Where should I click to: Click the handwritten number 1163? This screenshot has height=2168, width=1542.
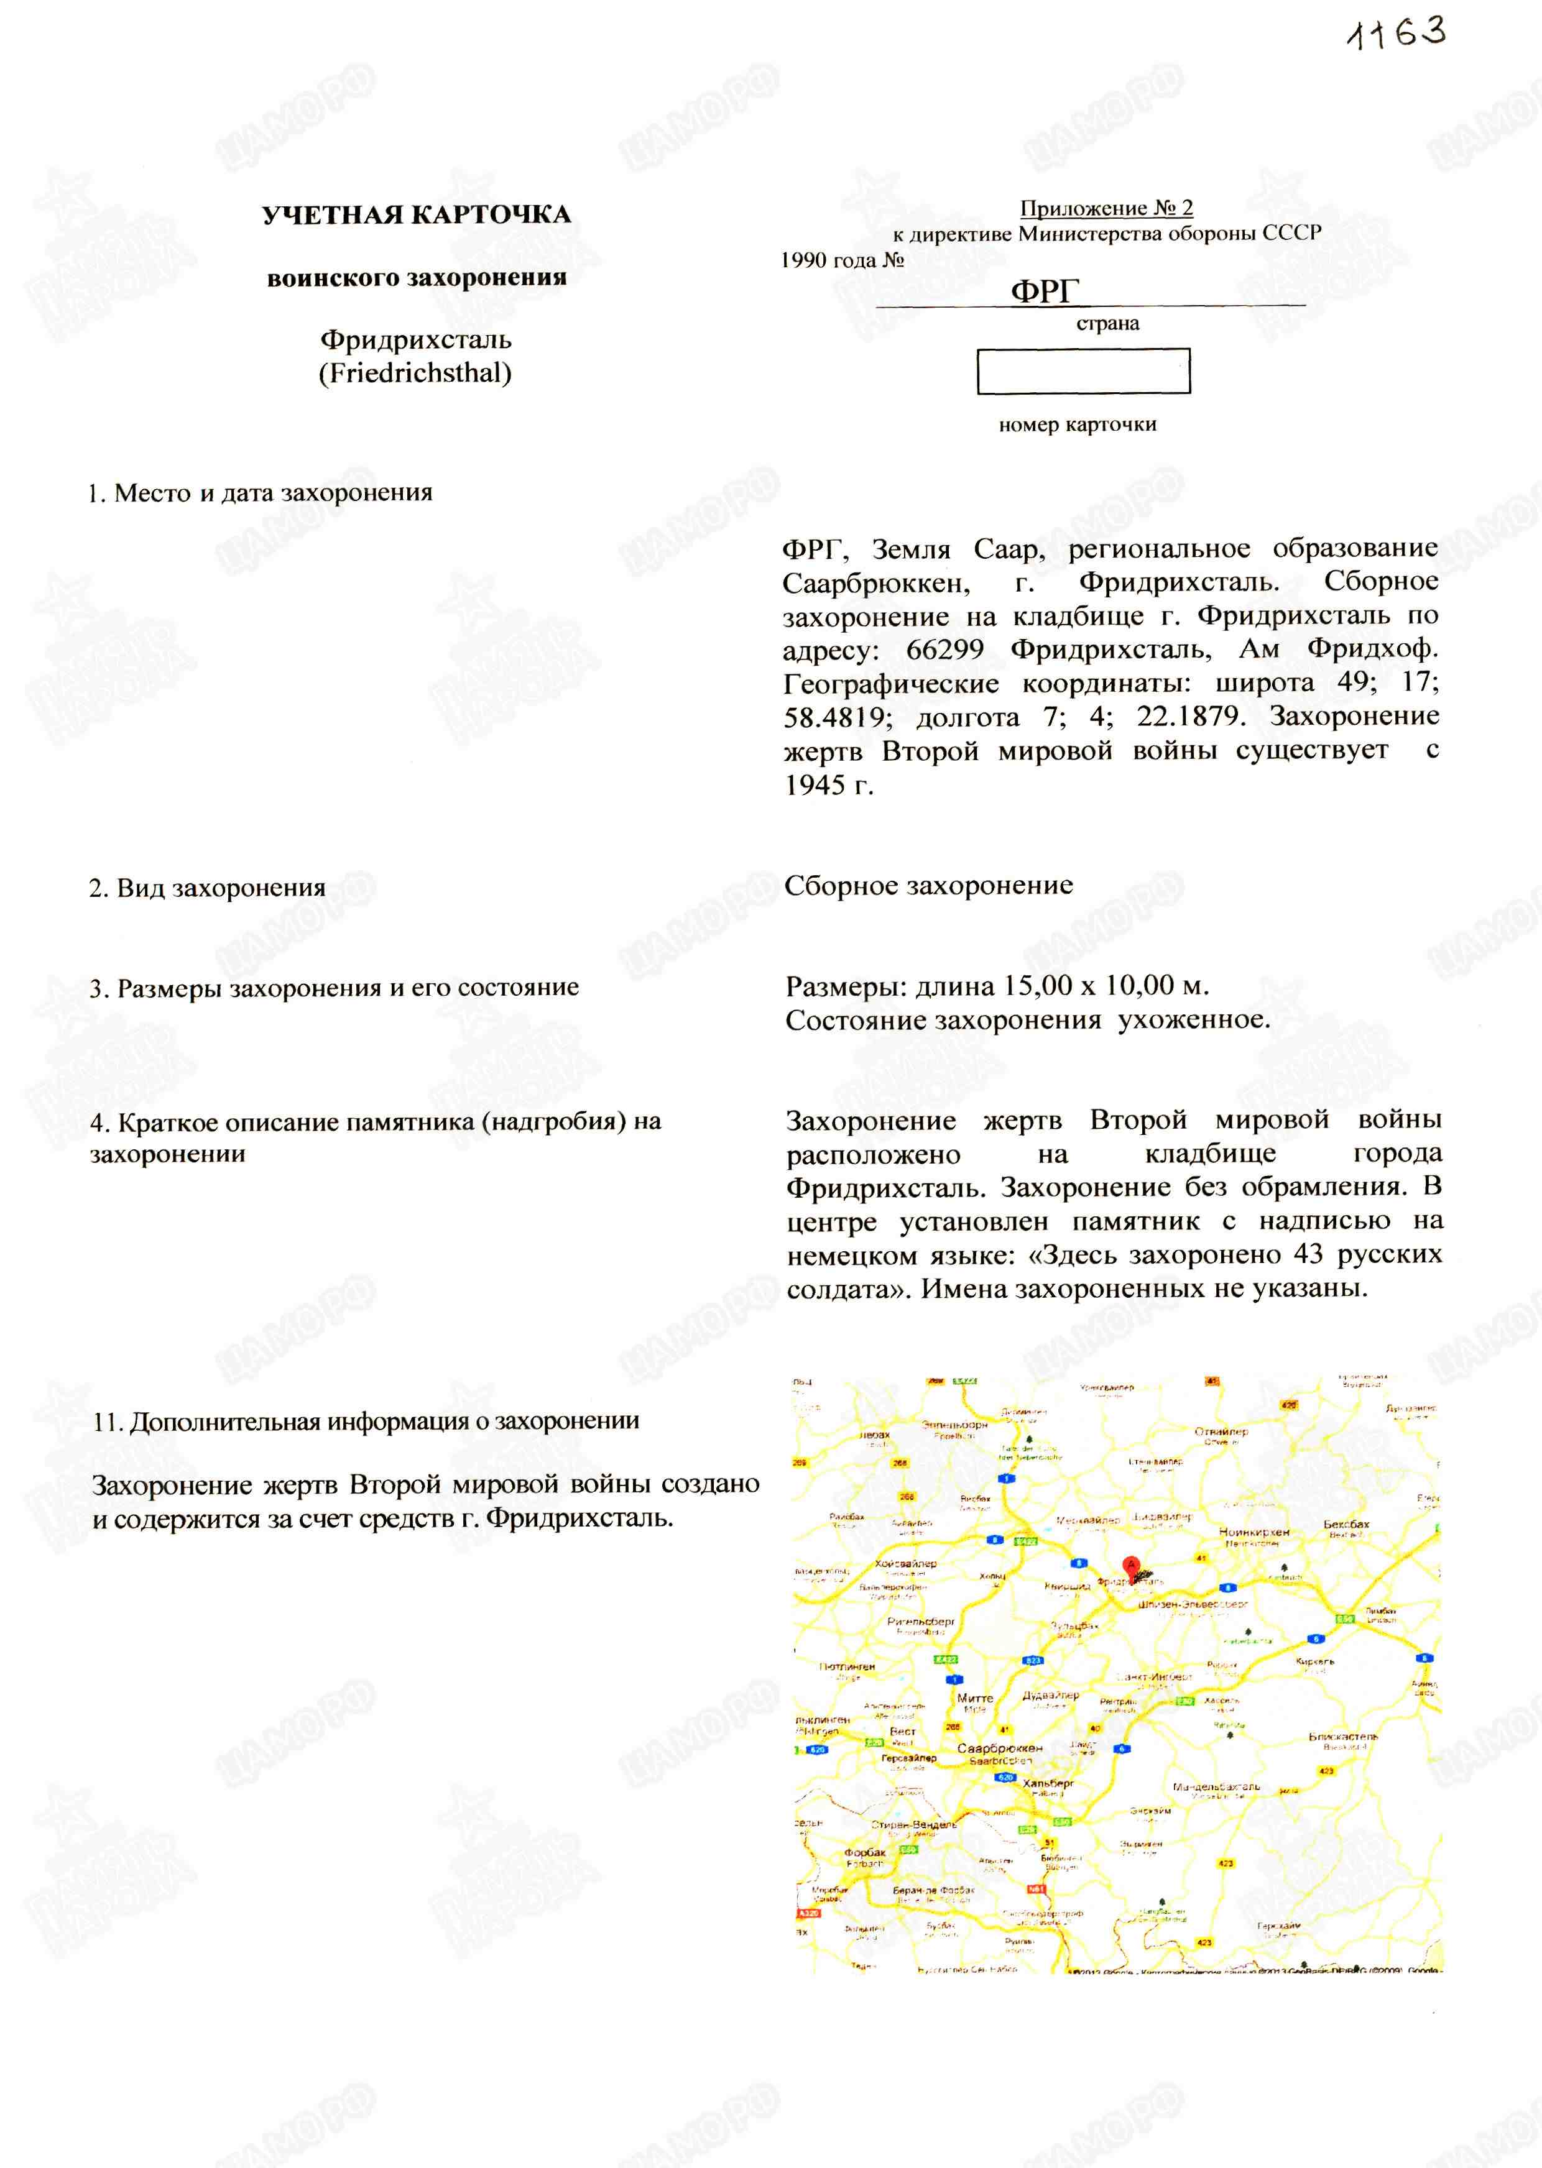pos(1396,34)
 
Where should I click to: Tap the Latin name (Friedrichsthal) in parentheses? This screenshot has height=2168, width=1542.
pos(415,373)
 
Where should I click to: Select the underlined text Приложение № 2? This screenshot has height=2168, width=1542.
pos(1106,208)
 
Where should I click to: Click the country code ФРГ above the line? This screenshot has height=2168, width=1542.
pos(1045,290)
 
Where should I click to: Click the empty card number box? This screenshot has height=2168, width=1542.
pos(1083,371)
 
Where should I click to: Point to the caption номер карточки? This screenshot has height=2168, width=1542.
pos(1077,425)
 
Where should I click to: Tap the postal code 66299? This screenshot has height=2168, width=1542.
pos(944,650)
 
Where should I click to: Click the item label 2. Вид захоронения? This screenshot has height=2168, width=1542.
pos(207,888)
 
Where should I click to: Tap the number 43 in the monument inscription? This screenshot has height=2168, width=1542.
pos(1308,1255)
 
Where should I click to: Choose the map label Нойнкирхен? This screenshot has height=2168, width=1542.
pos(1254,1532)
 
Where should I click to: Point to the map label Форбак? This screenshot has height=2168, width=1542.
pos(864,1852)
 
